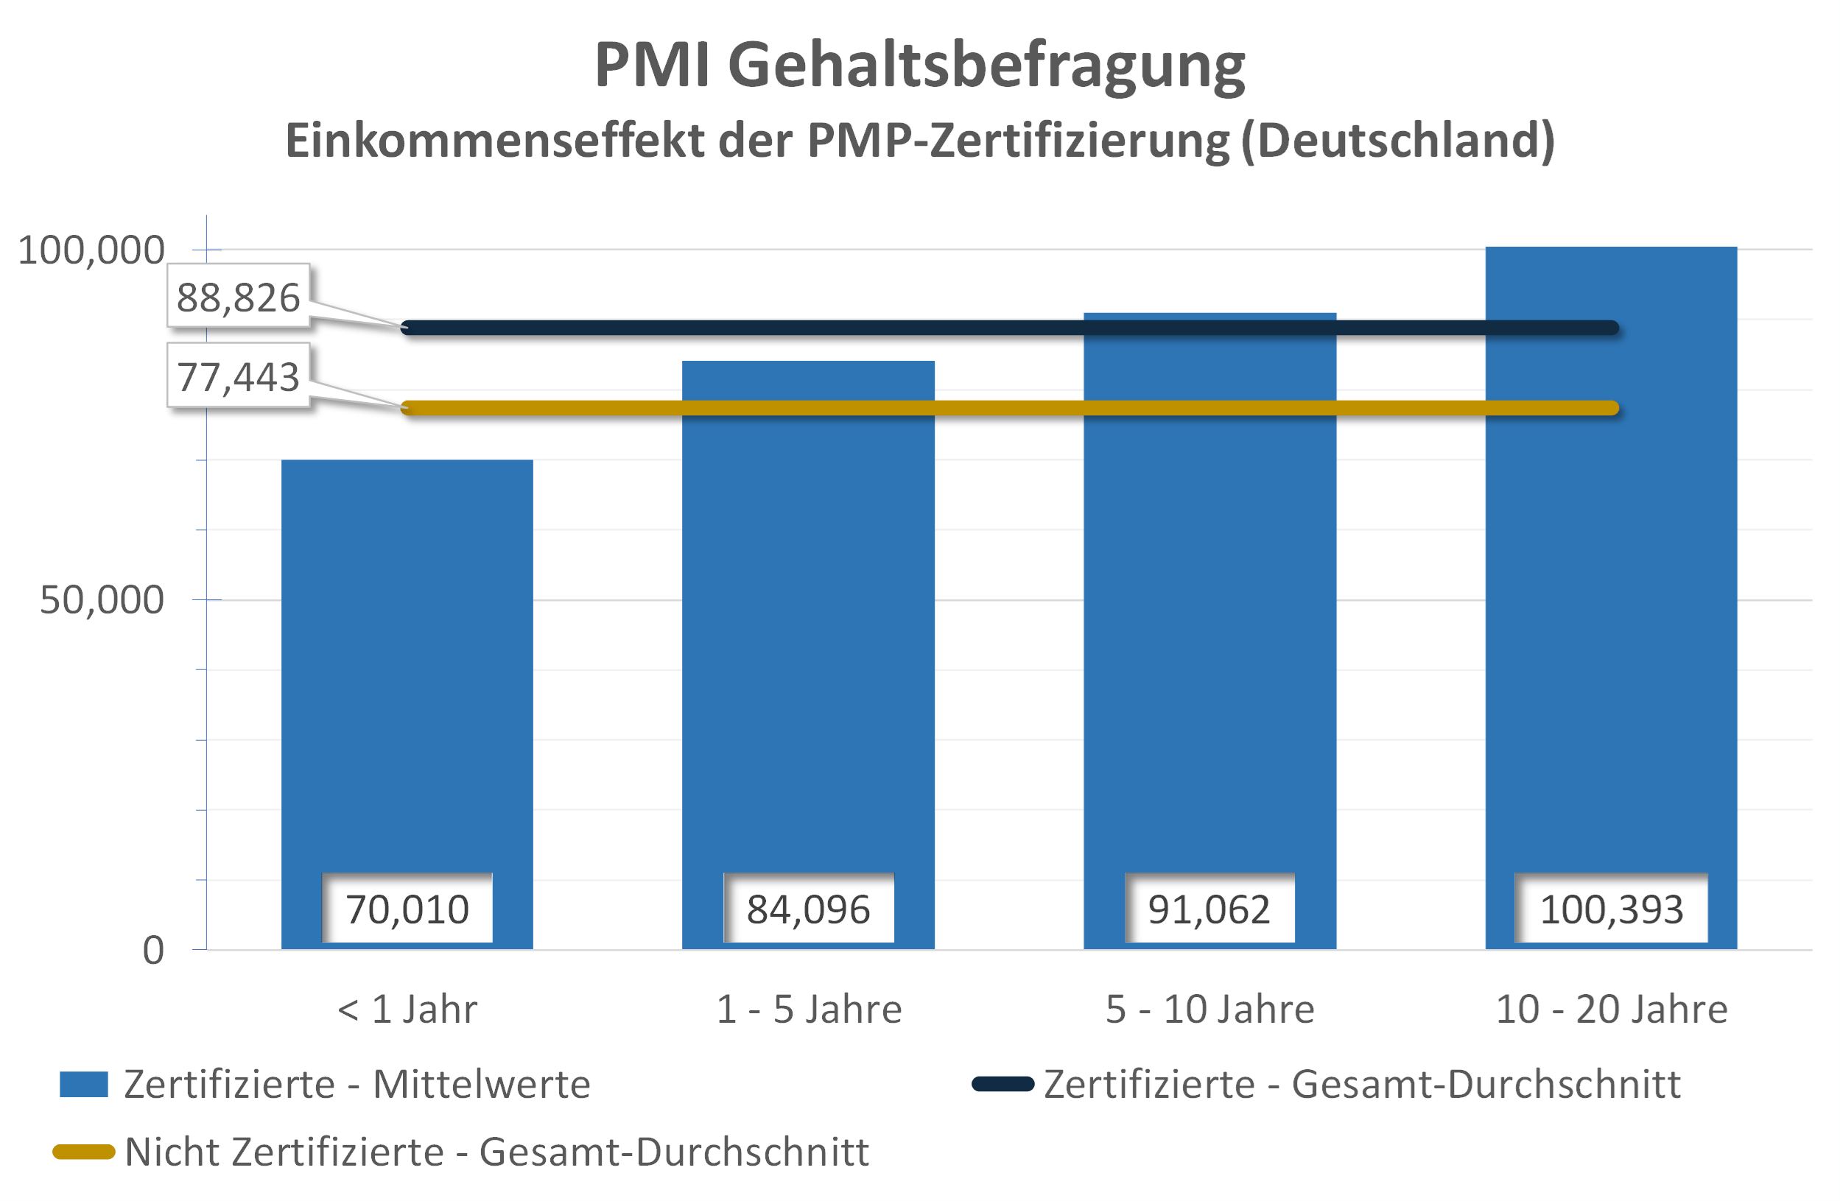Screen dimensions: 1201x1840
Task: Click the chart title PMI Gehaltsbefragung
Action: click(919, 65)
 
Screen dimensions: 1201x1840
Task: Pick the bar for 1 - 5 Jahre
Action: click(808, 619)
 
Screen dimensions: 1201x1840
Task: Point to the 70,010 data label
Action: click(407, 909)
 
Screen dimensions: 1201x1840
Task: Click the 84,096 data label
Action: click(808, 909)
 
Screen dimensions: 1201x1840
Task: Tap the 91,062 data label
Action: click(1209, 909)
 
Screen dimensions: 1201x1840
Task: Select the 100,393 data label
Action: click(1611, 909)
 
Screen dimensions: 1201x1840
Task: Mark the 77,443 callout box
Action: click(238, 377)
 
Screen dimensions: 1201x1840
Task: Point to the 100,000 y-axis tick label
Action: click(91, 250)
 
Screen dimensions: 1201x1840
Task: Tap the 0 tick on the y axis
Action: click(153, 951)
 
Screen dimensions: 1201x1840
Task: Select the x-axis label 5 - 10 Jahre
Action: click(1210, 1010)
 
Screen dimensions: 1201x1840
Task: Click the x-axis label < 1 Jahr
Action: click(407, 1010)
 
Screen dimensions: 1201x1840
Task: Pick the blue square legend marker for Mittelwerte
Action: click(83, 1085)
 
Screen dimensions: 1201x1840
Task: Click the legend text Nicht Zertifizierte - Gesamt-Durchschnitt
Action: click(496, 1152)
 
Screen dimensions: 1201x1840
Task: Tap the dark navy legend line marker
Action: click(1002, 1085)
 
